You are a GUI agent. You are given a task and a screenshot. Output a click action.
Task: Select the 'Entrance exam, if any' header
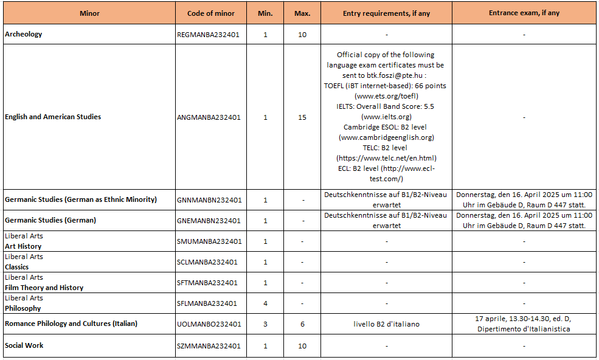tap(524, 13)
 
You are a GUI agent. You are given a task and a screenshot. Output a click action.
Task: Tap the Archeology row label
tap(24, 34)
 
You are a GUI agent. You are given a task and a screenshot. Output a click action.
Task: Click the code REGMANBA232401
tap(208, 35)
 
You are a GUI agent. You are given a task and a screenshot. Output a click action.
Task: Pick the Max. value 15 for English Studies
tap(302, 117)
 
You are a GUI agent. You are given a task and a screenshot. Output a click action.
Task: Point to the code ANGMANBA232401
tap(209, 117)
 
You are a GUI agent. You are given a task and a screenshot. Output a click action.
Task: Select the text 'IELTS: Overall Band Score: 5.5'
tap(386, 106)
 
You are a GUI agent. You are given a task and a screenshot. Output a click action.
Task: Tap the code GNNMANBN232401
tap(209, 200)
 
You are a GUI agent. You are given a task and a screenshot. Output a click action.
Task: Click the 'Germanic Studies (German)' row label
tap(50, 220)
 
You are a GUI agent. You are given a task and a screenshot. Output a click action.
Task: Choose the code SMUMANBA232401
tap(209, 241)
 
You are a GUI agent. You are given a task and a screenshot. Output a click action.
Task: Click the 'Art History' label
tap(23, 246)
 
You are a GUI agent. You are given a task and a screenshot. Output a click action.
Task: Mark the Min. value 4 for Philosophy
tap(265, 303)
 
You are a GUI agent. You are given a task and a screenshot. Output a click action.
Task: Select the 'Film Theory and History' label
tap(44, 288)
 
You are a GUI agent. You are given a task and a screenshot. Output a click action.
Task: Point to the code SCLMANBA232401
tap(207, 262)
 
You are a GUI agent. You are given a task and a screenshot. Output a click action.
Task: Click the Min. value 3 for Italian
tap(265, 324)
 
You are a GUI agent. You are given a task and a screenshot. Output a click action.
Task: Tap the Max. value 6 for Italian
tap(302, 324)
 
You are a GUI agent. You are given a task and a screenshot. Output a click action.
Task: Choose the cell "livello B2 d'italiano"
tap(386, 324)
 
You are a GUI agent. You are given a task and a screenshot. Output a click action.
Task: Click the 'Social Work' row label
tap(24, 345)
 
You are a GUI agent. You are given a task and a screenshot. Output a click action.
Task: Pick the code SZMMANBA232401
tap(209, 346)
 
